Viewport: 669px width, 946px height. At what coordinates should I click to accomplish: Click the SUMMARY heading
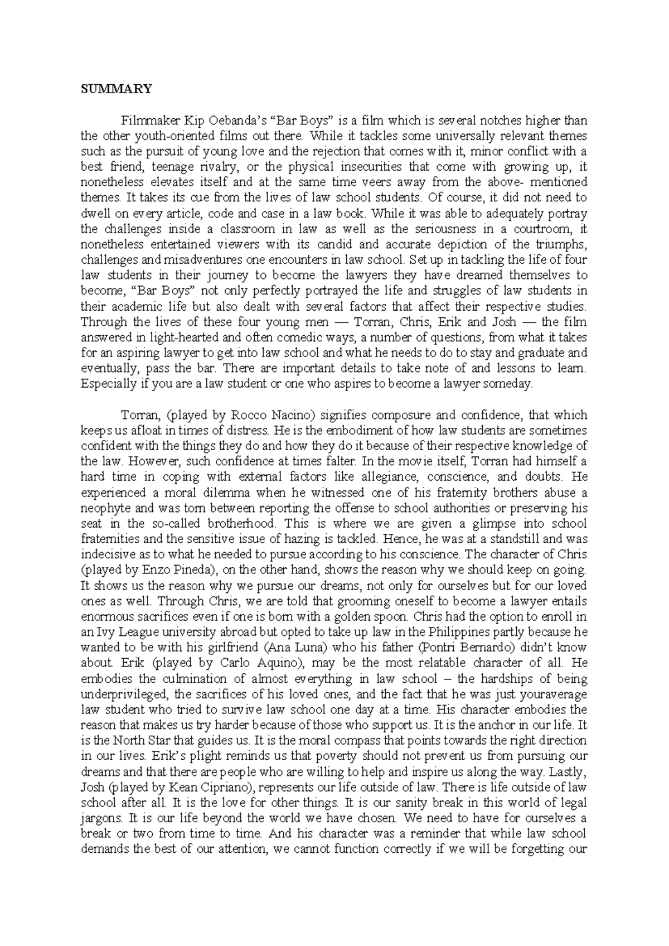point(116,88)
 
